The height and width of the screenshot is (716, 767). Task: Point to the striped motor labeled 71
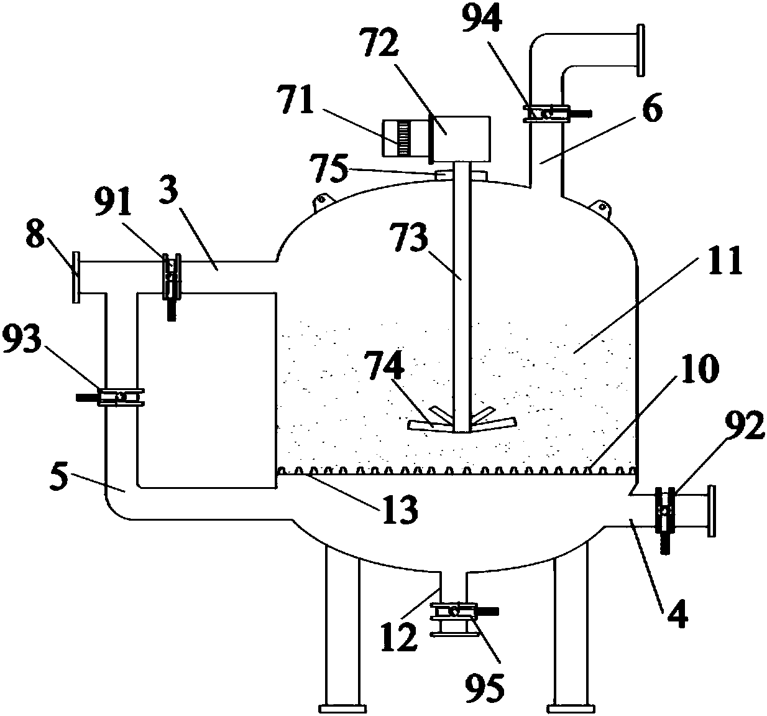click(403, 138)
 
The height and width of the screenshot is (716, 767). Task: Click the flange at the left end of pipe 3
click(76, 277)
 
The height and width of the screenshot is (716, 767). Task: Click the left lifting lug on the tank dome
click(320, 200)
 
